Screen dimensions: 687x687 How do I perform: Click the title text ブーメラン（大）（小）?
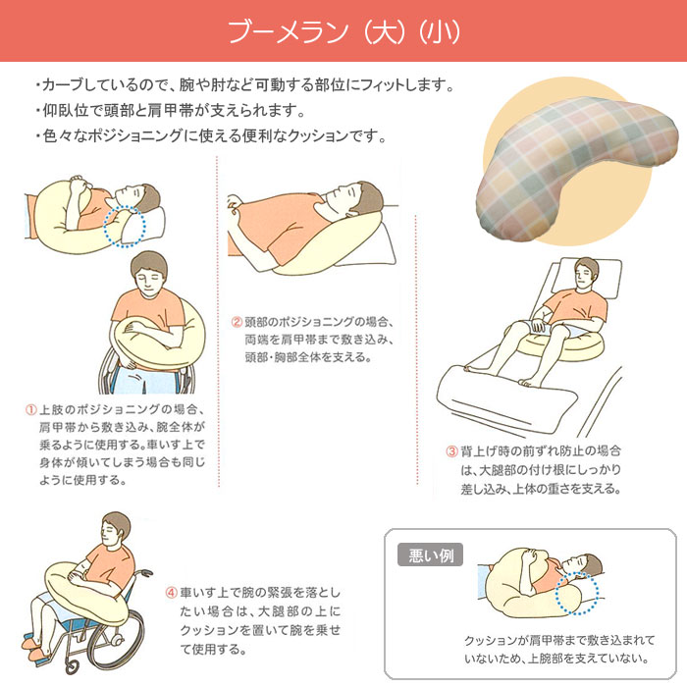[x=343, y=31]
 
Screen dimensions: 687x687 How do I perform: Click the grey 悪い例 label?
[x=430, y=555]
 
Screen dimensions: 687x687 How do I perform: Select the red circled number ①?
[x=30, y=410]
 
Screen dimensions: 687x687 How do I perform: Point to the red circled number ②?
[x=237, y=323]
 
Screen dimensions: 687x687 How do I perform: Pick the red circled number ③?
[x=451, y=450]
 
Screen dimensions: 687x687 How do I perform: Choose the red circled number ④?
[x=171, y=593]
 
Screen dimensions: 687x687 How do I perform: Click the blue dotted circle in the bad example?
[x=577, y=593]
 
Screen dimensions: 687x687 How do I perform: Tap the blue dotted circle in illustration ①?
[x=125, y=226]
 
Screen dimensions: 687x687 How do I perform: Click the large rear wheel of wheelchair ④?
[x=116, y=635]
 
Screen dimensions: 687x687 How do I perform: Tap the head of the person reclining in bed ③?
[x=586, y=273]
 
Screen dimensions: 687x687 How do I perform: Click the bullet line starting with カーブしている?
[x=245, y=84]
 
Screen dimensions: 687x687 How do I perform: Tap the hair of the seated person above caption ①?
[x=149, y=263]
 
